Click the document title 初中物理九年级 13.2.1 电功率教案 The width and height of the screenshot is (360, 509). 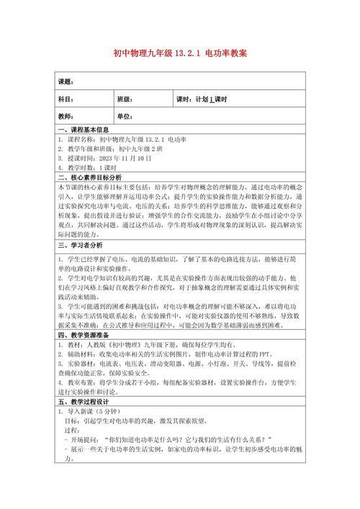pos(180,54)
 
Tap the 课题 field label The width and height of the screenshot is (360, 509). pos(67,82)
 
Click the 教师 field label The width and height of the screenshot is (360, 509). pos(67,116)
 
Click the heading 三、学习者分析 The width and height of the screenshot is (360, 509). pos(80,244)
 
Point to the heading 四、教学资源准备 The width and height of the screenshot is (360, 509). pos(85,334)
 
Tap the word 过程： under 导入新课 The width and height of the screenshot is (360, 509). pos(74,430)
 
